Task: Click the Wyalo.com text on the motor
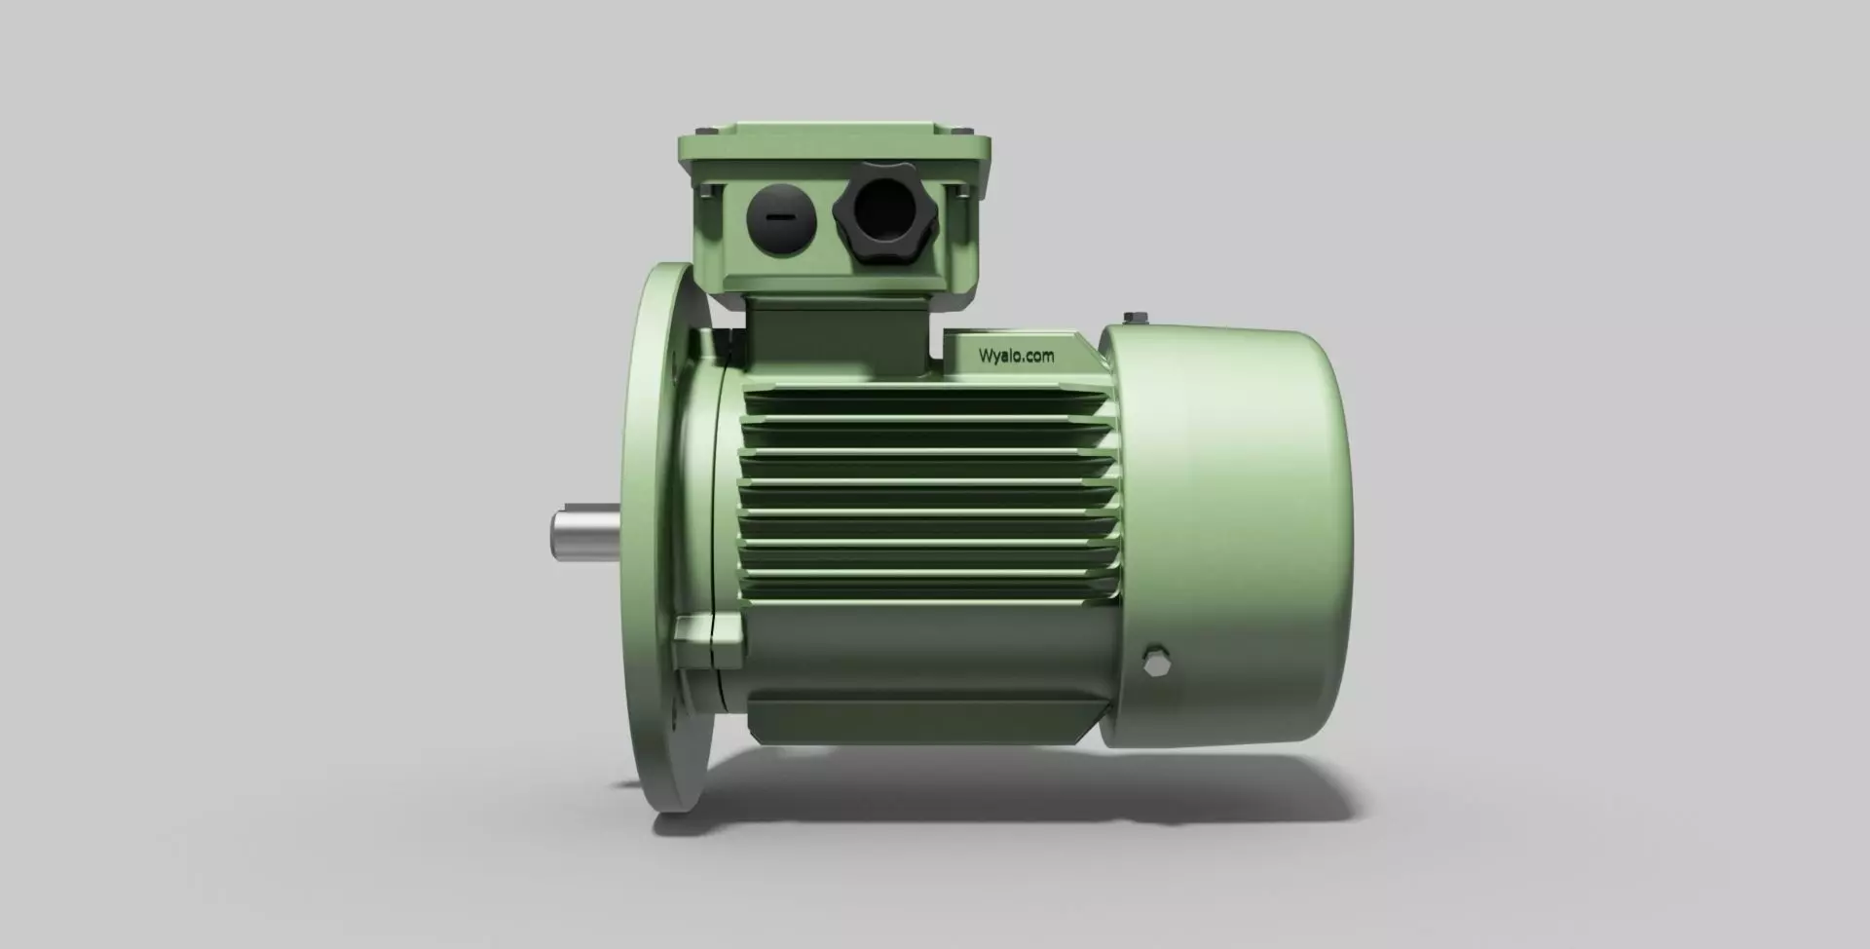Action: (x=1016, y=357)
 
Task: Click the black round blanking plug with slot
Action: (x=780, y=217)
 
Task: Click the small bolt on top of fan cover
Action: (x=1133, y=318)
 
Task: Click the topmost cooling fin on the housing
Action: (x=925, y=394)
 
